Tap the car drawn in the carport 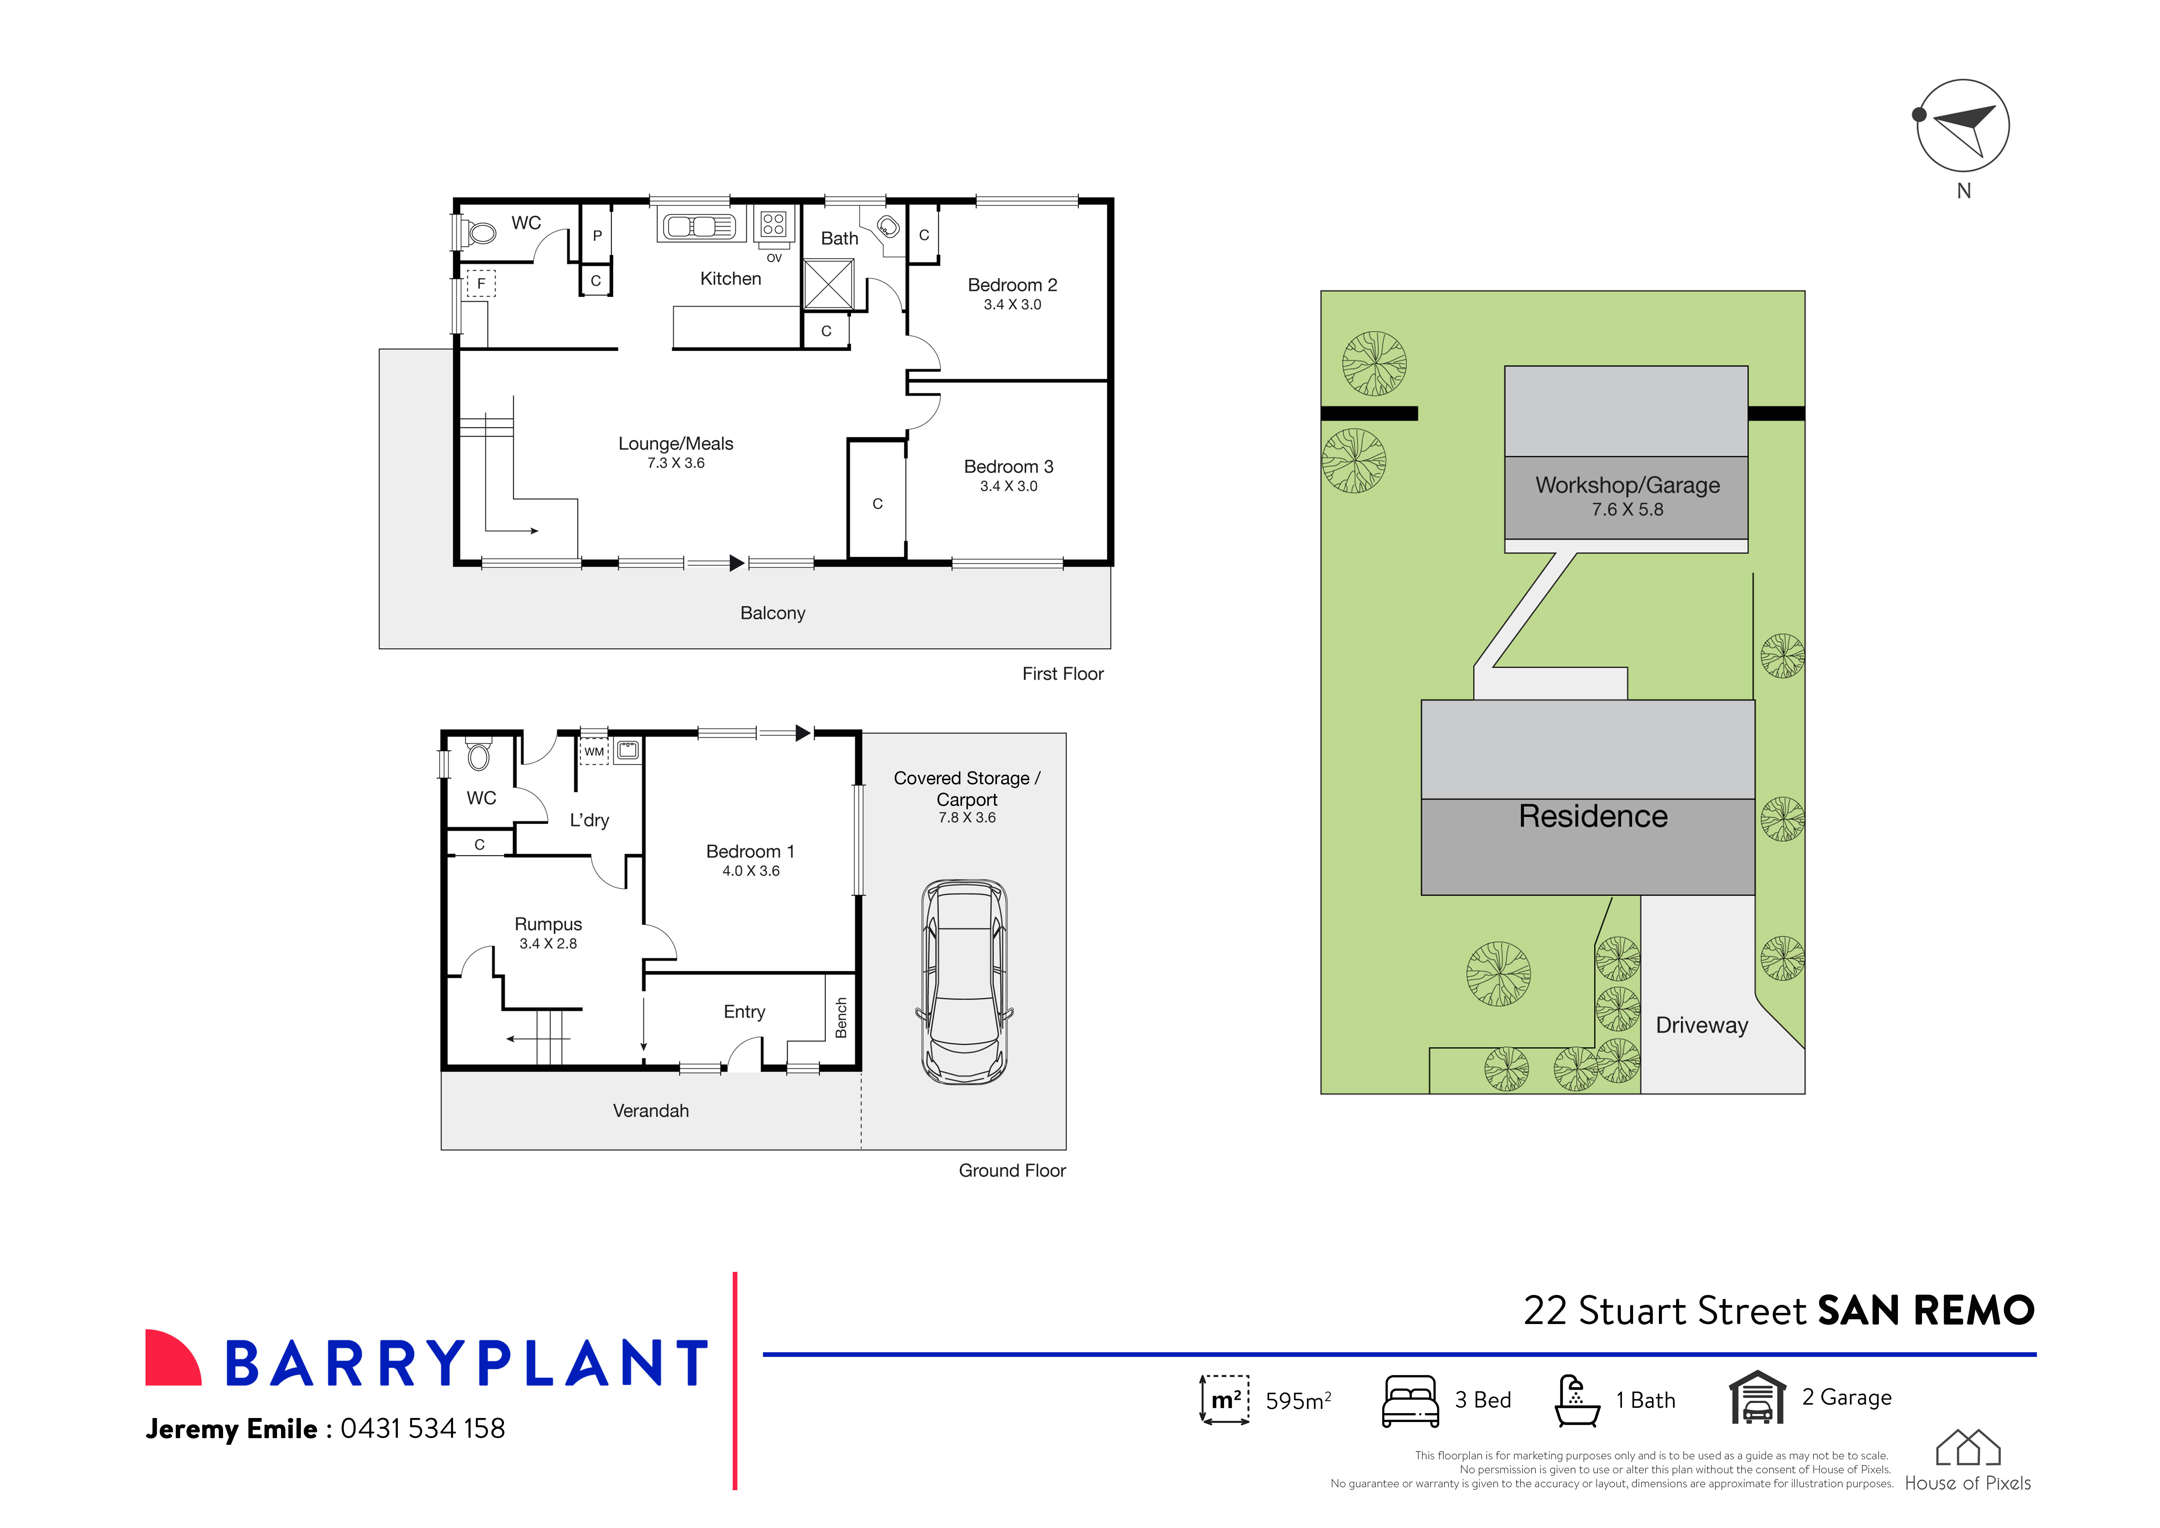964,981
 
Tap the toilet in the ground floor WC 479,755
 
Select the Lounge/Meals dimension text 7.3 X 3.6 675,463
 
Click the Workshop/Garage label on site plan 1627,485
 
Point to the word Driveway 1702,1025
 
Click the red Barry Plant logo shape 172,1358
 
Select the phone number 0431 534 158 423,1428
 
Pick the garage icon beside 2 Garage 1756,1398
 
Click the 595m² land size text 1297,1401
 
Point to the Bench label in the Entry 841,1018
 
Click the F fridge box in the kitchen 481,283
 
